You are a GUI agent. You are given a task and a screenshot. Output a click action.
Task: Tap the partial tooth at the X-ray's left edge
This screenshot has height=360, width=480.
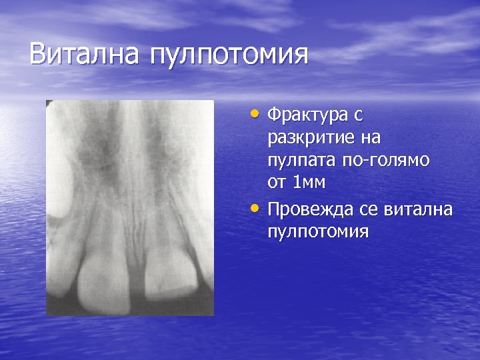pyautogui.click(x=55, y=273)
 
